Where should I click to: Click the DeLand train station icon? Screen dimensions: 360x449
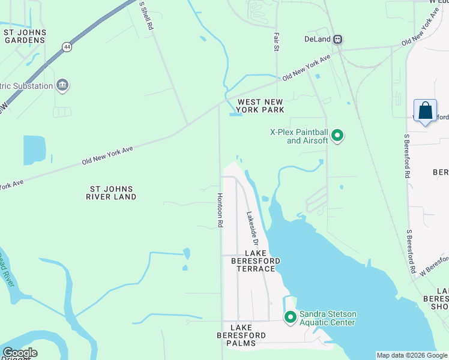tap(338, 40)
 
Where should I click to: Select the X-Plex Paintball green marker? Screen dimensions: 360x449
tap(337, 136)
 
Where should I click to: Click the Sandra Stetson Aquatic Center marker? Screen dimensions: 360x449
tap(291, 316)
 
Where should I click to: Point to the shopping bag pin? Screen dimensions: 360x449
tap(425, 112)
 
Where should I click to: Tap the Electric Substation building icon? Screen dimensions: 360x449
tap(62, 86)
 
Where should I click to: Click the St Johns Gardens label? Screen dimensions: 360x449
tap(25, 36)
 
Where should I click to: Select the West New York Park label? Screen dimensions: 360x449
tap(260, 106)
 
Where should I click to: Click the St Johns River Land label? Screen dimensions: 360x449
tap(111, 193)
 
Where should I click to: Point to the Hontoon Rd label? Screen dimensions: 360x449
tap(220, 209)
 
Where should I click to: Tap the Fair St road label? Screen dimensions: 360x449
tap(277, 41)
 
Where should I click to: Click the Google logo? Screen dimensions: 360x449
tap(20, 353)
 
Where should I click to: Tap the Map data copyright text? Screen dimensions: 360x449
tap(411, 355)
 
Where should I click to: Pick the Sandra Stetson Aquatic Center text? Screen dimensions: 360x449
tap(328, 318)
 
